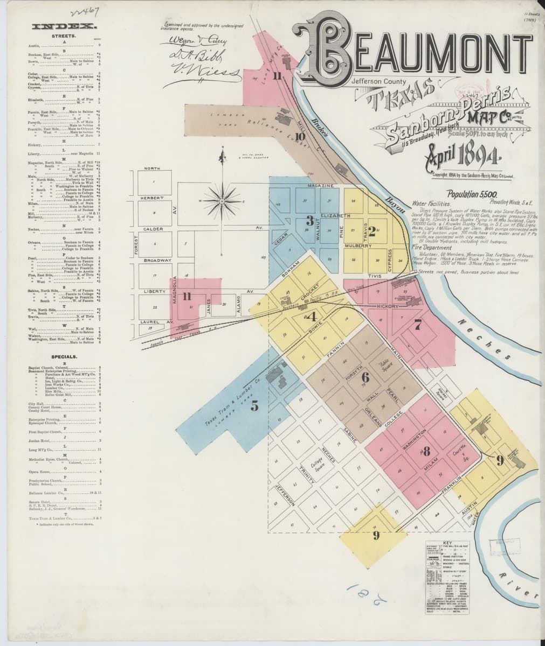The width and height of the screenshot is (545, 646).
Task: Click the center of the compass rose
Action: [x=222, y=201]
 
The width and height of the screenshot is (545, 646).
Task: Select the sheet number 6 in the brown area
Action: [x=365, y=376]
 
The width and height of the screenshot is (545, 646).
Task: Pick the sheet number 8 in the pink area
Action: [x=425, y=450]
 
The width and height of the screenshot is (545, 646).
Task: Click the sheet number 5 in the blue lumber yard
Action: [x=254, y=406]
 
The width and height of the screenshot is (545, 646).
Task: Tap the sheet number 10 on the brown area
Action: [x=300, y=137]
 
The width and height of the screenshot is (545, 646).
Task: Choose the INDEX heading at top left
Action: [x=65, y=26]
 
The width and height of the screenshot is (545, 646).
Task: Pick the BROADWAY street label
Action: [x=153, y=260]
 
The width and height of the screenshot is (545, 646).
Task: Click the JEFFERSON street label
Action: [x=285, y=494]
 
